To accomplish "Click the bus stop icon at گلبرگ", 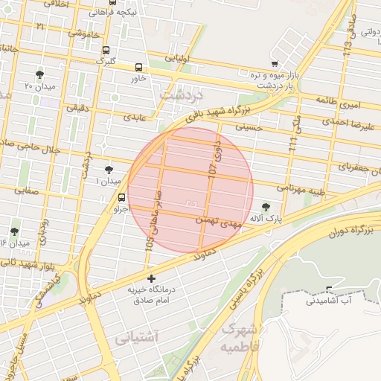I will pos(106,51).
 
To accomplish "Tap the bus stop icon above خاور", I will pos(139,66).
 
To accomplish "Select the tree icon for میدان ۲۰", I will pos(39,74).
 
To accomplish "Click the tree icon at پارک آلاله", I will pos(266,207).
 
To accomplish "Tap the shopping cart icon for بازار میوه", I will pos(275,64).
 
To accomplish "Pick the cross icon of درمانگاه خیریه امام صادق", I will pos(152,278).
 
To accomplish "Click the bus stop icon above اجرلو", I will pos(121,197).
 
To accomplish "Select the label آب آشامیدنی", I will pos(333,301).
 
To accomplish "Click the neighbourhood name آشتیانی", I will pos(138,337).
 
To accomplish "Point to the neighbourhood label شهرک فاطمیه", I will pos(239,339).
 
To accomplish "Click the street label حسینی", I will pos(249,128).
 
